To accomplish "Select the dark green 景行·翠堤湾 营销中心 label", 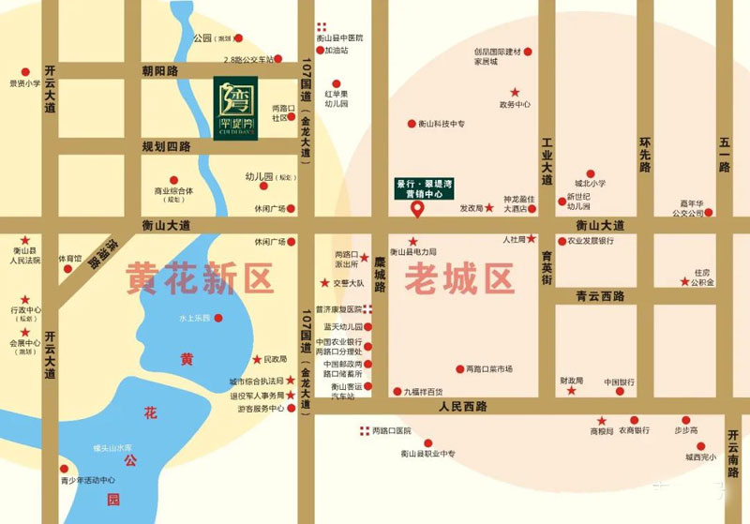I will click(x=425, y=187).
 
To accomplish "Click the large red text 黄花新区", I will click(x=200, y=278).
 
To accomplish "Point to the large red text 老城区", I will click(x=459, y=278).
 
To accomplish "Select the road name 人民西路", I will click(x=461, y=407).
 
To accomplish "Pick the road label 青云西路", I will click(x=600, y=295).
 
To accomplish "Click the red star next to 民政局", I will click(x=256, y=360).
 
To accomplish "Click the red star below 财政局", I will click(x=571, y=391).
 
